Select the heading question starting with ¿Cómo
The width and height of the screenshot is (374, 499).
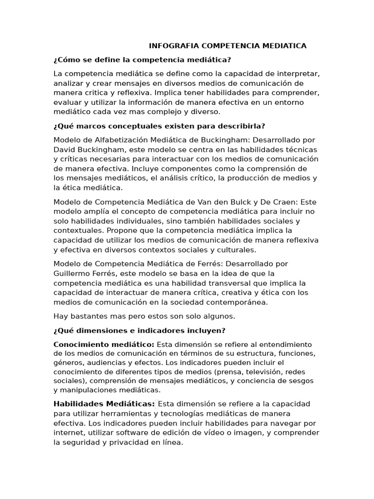click(x=142, y=60)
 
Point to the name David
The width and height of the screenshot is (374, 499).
click(x=64, y=149)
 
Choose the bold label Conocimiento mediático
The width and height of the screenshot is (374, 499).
click(x=104, y=345)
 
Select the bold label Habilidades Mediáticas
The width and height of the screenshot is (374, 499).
click(x=104, y=404)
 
